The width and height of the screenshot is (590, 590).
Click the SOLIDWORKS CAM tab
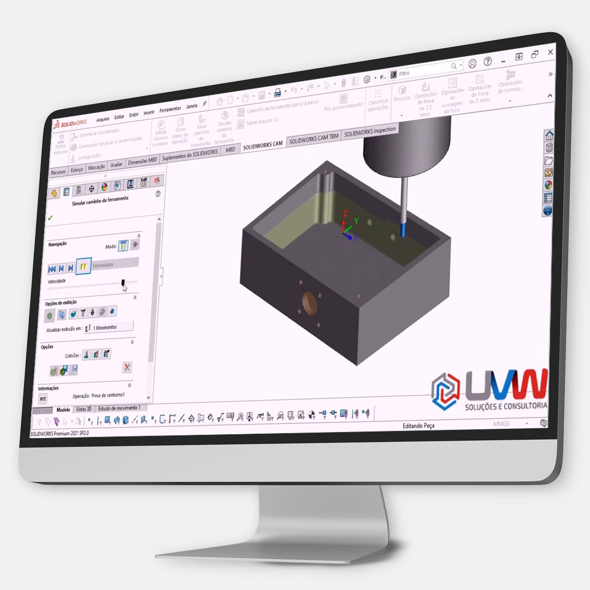tap(262, 144)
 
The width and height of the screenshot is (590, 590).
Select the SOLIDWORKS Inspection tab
tap(369, 131)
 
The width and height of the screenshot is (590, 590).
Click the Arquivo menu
tap(103, 119)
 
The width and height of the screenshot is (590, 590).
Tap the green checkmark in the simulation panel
tap(50, 217)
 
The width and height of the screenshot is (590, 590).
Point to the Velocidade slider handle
tap(123, 283)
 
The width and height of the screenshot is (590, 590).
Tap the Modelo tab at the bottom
tap(63, 409)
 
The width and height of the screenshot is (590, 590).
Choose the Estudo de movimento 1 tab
tap(120, 408)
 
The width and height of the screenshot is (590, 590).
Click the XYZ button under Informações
tap(43, 399)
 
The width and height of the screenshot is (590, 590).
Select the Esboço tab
tap(77, 170)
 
